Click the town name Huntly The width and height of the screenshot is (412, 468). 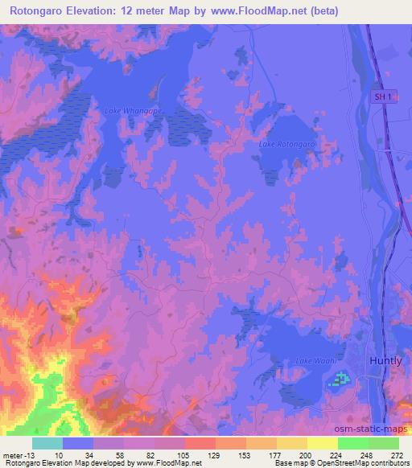pos(385,361)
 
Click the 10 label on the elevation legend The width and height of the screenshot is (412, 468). pos(59,455)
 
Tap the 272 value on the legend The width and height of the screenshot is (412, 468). pos(398,455)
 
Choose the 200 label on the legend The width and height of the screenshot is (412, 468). pos(305,455)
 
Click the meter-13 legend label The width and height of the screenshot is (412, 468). pos(17,455)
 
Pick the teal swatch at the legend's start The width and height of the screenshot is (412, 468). pos(47,443)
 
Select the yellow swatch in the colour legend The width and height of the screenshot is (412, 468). pos(323,443)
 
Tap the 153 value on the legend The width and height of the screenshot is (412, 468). pos(244,455)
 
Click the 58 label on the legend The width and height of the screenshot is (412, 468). pos(120,455)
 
